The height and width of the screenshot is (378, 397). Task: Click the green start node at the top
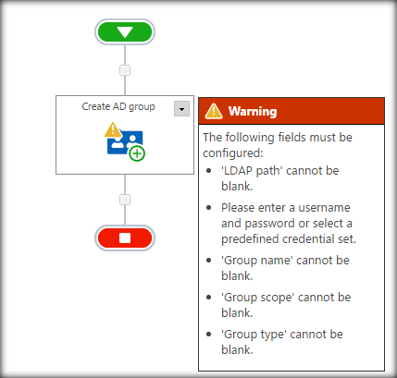[125, 32]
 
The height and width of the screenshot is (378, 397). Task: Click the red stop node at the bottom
[125, 238]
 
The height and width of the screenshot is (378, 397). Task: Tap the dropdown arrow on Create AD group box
[181, 108]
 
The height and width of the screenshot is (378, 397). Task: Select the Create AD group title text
[118, 106]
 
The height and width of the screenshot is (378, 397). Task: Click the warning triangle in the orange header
[214, 111]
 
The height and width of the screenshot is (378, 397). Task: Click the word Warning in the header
[253, 111]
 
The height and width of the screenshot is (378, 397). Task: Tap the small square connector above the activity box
[125, 70]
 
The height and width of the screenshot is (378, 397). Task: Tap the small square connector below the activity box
[125, 200]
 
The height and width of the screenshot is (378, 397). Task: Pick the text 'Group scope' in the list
[254, 296]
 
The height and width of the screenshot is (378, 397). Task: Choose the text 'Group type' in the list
[252, 332]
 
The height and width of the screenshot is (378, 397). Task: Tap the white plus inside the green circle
[136, 152]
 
